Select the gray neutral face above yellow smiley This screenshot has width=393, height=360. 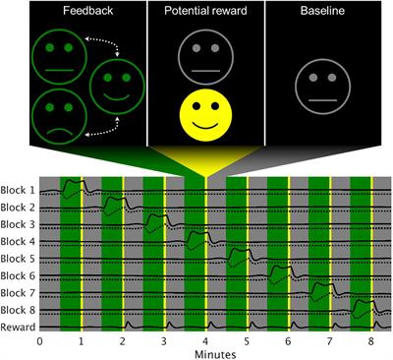tap(204, 55)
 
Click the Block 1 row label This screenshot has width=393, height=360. tap(20, 191)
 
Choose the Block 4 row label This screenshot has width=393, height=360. tap(20, 241)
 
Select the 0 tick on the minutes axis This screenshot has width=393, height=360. tap(39, 341)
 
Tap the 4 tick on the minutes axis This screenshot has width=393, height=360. tap(205, 341)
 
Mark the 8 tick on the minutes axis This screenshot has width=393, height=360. tap(371, 341)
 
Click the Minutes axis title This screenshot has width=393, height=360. tap(205, 353)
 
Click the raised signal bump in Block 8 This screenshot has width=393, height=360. tap(361, 303)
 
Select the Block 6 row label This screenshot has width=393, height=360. tap(20, 274)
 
